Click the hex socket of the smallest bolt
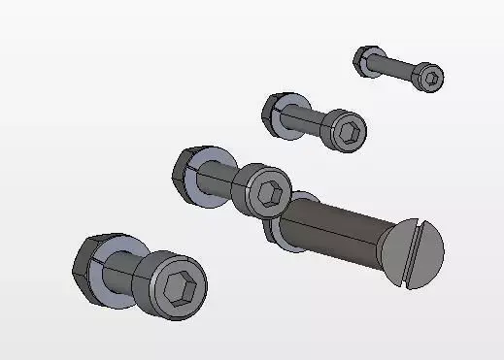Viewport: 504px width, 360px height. [432, 79]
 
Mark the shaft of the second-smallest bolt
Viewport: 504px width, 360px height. [317, 121]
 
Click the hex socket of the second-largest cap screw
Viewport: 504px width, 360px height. [271, 190]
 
